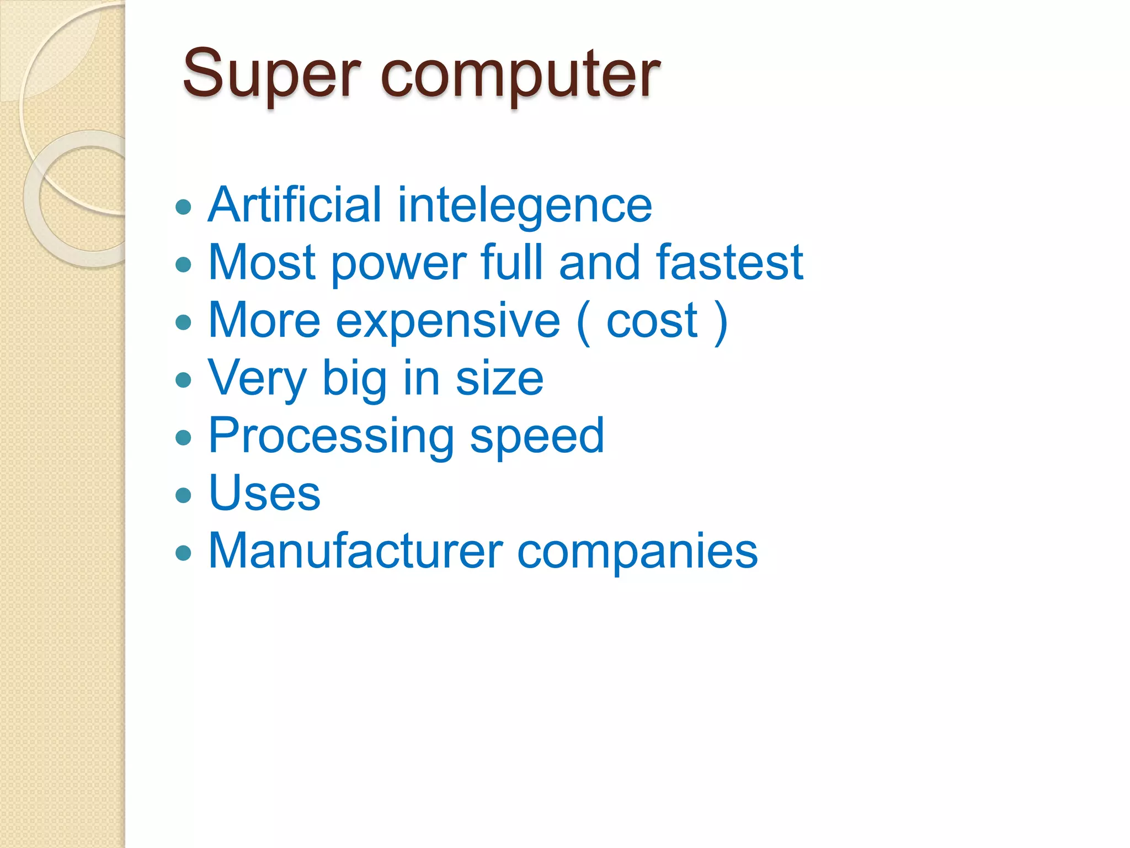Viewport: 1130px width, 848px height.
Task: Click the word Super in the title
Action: click(271, 74)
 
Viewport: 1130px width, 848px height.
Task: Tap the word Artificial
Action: click(295, 205)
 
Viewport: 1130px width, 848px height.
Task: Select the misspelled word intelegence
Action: click(524, 206)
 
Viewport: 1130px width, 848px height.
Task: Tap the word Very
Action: click(257, 379)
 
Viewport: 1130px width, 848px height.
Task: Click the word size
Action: click(499, 379)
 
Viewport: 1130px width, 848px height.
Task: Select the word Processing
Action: click(331, 437)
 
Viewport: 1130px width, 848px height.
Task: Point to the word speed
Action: click(537, 437)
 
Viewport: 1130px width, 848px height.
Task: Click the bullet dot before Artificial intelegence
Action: click(183, 208)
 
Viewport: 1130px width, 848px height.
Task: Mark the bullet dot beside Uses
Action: click(183, 495)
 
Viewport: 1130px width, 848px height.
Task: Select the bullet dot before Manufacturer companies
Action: click(183, 553)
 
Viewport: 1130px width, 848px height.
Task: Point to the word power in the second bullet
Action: click(398, 264)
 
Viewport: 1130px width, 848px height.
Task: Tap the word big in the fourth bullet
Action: click(354, 379)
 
